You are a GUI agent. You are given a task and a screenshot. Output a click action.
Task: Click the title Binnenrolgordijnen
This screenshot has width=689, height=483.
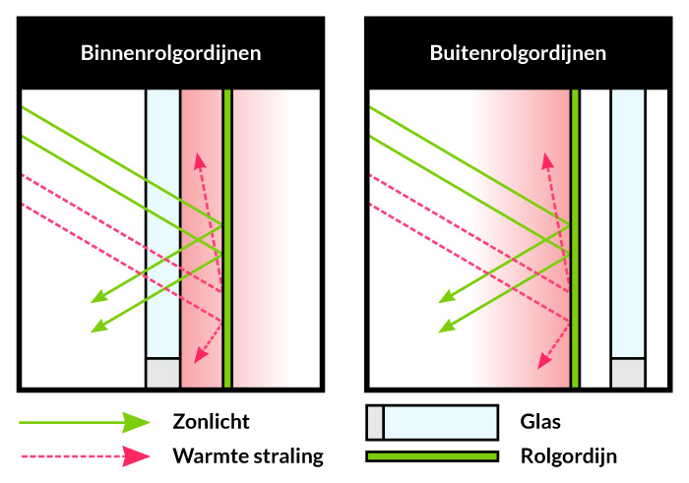(171, 53)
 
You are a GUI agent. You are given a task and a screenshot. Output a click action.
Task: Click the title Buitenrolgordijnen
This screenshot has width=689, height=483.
(518, 53)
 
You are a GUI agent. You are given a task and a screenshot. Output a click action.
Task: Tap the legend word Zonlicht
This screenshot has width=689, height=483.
(211, 422)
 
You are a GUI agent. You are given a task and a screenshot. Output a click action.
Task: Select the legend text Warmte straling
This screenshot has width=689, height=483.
(247, 456)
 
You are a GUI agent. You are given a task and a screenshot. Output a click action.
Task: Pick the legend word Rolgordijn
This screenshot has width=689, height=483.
(568, 456)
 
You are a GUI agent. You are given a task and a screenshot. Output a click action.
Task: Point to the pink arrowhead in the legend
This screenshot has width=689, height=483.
(135, 456)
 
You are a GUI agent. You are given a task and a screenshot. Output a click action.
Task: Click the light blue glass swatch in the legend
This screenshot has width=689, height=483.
(439, 422)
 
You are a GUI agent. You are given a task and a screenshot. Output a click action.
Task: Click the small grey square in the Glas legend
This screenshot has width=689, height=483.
(374, 422)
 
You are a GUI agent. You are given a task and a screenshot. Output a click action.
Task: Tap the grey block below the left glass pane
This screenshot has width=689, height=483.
(162, 373)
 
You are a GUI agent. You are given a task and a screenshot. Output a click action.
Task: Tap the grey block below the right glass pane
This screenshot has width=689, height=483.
(627, 373)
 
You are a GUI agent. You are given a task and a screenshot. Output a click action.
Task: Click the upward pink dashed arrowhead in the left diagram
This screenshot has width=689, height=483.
(200, 160)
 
